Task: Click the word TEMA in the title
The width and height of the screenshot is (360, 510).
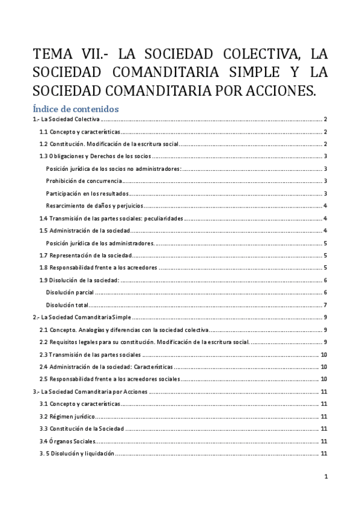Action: pos(53,55)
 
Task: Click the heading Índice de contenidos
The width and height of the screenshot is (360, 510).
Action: pos(76,109)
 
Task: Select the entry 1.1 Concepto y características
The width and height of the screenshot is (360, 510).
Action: pos(80,132)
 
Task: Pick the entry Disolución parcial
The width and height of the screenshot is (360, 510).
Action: pos(70,292)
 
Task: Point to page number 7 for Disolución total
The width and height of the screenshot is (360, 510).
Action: pos(325,305)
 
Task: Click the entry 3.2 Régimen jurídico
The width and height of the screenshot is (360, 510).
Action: pos(67,416)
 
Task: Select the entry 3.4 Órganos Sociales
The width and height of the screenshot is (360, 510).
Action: pos(67,441)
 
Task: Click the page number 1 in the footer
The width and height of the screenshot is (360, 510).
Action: pos(325,477)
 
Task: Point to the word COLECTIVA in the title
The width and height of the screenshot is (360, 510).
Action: pos(258,55)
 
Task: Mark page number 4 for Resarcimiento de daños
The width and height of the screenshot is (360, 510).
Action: pos(325,206)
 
